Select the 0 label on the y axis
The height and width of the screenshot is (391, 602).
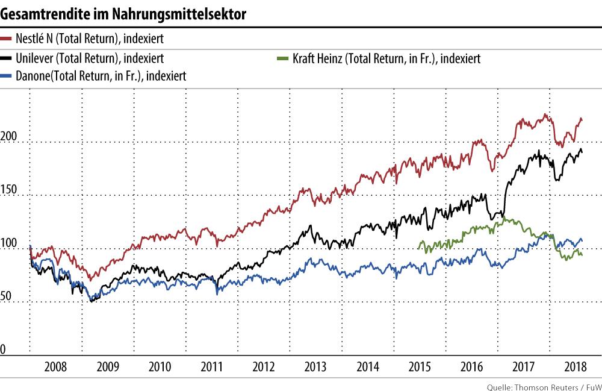coord(4,349)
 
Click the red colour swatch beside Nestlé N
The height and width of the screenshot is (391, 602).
coord(7,39)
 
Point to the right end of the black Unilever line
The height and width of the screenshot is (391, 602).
coord(582,152)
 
